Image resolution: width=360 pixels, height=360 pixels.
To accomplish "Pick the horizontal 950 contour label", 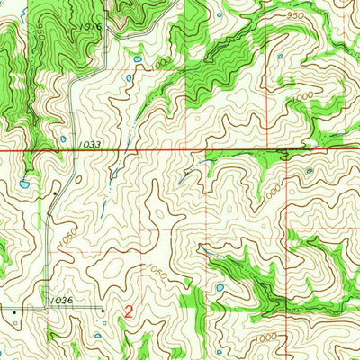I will [293, 15].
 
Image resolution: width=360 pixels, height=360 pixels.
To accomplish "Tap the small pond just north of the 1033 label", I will [62, 138].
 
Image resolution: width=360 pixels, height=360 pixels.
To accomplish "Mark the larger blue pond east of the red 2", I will [220, 289].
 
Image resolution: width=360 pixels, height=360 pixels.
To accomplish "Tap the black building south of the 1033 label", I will [56, 192].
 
